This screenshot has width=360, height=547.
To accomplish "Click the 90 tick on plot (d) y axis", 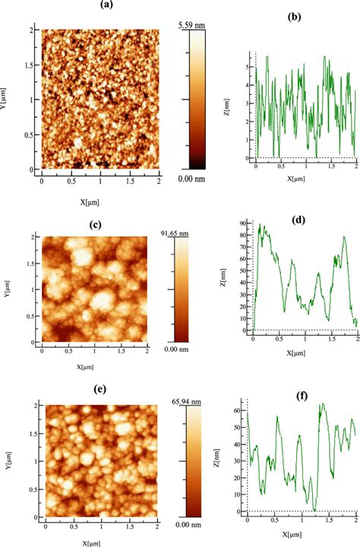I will (245, 224).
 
